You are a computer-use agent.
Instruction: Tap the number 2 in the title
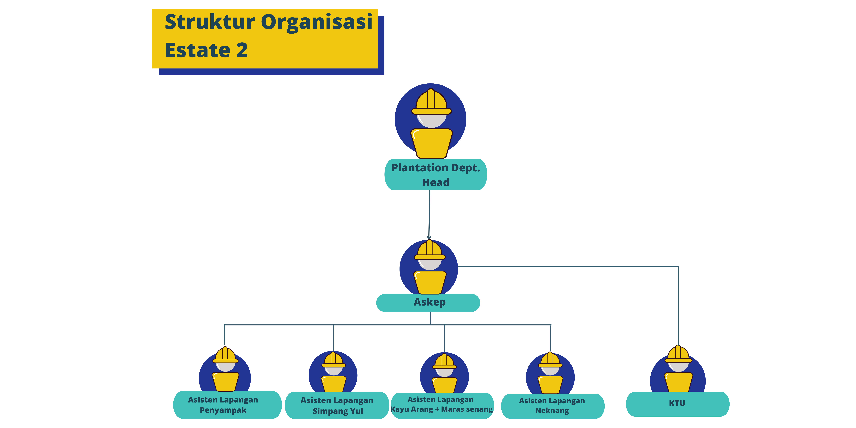242,51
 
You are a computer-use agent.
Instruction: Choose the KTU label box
677,404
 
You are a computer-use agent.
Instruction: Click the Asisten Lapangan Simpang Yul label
337,405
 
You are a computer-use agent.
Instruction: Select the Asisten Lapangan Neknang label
552,406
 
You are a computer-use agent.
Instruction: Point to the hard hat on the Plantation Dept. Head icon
431,101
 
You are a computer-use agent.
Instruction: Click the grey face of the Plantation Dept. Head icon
431,120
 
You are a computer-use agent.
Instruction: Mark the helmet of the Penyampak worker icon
225,355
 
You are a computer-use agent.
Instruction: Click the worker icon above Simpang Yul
333,372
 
